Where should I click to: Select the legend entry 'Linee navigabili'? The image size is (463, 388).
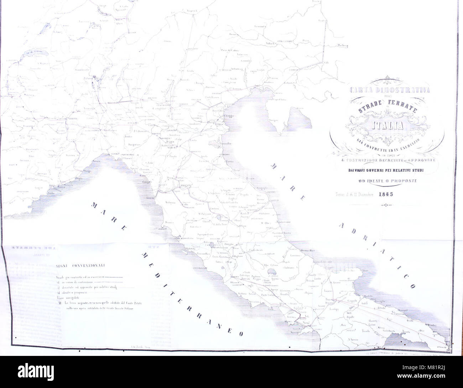tap(66, 297)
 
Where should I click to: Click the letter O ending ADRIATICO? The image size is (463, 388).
tap(412, 286)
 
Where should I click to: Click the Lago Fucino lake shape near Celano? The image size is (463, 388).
tap(272, 272)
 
